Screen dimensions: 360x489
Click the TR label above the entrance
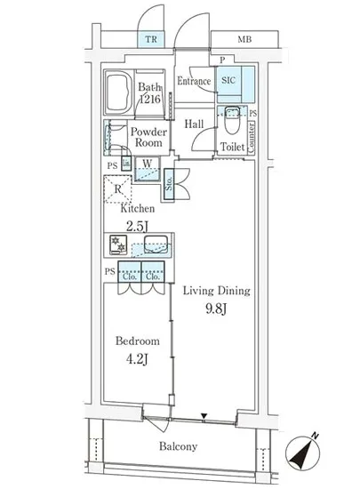[x=151, y=39]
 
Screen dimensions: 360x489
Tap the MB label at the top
[x=244, y=39]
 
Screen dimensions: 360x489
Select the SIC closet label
[x=228, y=80]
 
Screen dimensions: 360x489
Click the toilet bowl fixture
[x=232, y=120]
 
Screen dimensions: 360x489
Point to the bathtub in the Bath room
[x=118, y=93]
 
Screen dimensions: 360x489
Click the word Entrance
[x=194, y=81]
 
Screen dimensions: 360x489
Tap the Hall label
[x=194, y=124]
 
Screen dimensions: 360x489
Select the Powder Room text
[x=148, y=137]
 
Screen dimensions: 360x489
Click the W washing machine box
[x=148, y=169]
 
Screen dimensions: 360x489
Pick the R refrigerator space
[x=117, y=189]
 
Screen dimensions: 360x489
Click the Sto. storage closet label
[x=169, y=184]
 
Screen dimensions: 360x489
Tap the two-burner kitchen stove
[x=118, y=244]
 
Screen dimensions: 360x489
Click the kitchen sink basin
[x=156, y=244]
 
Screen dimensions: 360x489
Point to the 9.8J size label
[x=216, y=309]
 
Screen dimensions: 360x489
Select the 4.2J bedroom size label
[x=137, y=359]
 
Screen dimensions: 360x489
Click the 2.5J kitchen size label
[x=137, y=227]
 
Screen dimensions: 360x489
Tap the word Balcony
[x=178, y=446]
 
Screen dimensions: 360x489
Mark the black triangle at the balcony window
[x=204, y=416]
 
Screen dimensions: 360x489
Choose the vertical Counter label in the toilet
[x=252, y=137]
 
